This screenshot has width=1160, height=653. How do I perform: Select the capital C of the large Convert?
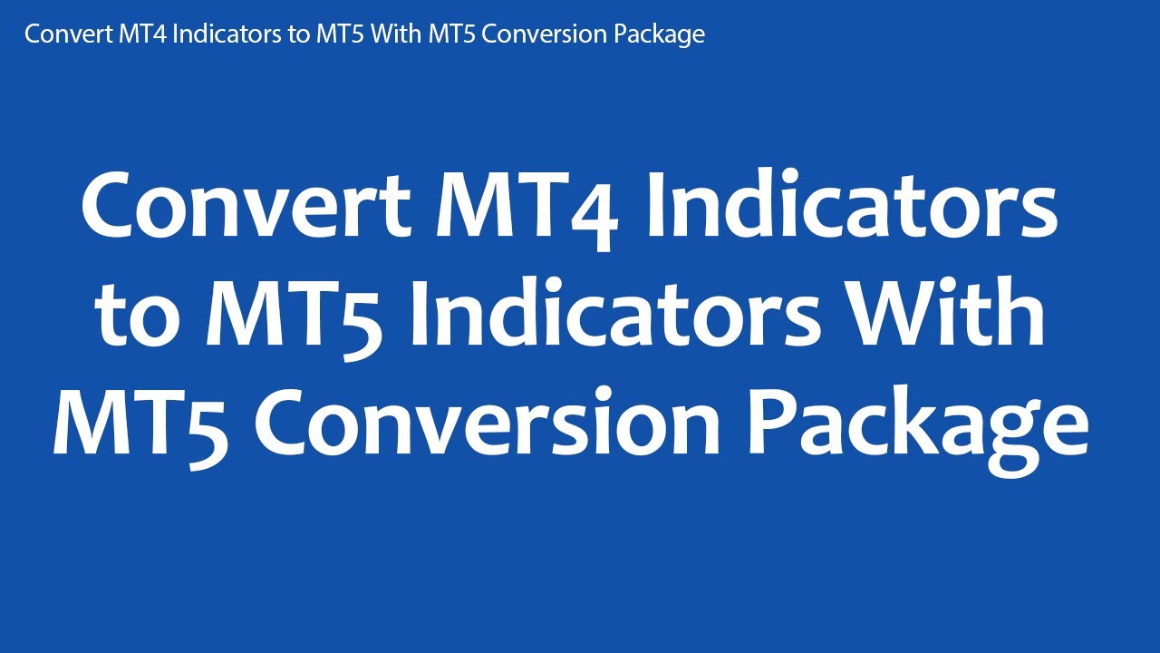[x=113, y=207]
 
